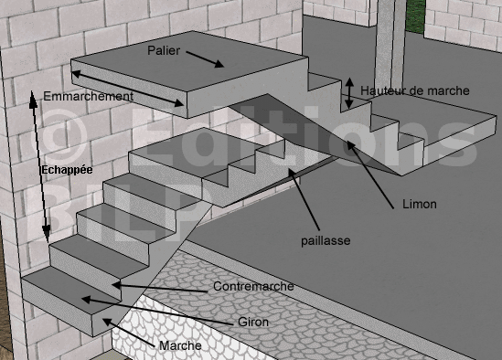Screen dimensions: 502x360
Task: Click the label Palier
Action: pos(164,50)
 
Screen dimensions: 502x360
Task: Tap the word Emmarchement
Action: pos(89,96)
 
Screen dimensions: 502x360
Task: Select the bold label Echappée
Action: pos(67,170)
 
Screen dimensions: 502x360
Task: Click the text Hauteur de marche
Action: pos(415,90)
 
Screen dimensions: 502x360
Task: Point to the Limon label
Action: pos(420,204)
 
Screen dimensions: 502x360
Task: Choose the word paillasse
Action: pos(326,240)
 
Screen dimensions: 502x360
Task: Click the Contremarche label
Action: pos(253,286)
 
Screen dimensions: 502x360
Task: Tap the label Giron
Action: pos(253,322)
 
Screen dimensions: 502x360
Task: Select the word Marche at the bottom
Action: pos(180,345)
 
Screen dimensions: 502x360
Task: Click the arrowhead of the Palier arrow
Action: pos(220,64)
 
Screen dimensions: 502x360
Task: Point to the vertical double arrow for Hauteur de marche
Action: pos(349,93)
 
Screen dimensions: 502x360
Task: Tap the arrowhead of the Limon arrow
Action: pos(350,145)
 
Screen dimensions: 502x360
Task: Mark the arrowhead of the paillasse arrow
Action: pos(292,172)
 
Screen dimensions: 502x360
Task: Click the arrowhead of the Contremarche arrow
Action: pos(116,285)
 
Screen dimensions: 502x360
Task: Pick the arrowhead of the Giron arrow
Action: pos(86,300)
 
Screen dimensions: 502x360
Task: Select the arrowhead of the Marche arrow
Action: pos(107,322)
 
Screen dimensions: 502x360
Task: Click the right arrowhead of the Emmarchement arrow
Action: pos(178,102)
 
